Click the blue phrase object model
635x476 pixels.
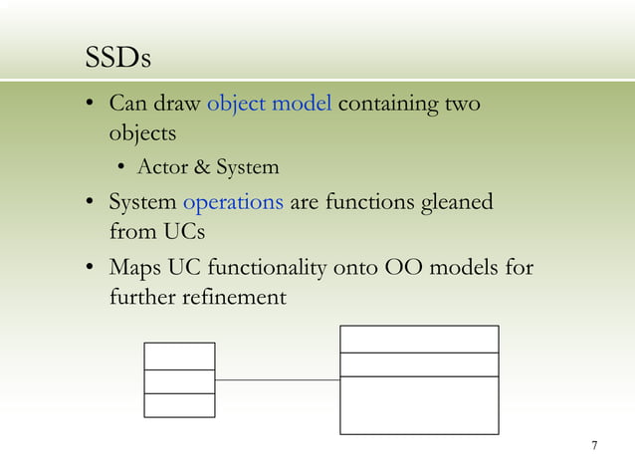pyautogui.click(x=269, y=105)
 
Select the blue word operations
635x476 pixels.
pyautogui.click(x=234, y=202)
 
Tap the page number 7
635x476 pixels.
pyautogui.click(x=594, y=445)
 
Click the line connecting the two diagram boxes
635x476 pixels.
pyautogui.click(x=277, y=379)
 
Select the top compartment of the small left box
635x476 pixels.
pyautogui.click(x=179, y=356)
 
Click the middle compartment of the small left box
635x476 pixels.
pyautogui.click(x=179, y=381)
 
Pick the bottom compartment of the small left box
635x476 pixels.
pyautogui.click(x=179, y=405)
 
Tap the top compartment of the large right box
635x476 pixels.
pyautogui.click(x=419, y=339)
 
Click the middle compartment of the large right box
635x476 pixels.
pyautogui.click(x=419, y=364)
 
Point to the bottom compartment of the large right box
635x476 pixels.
pyautogui.click(x=419, y=405)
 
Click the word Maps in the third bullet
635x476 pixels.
pyautogui.click(x=134, y=268)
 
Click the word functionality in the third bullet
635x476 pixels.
pyautogui.click(x=263, y=268)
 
